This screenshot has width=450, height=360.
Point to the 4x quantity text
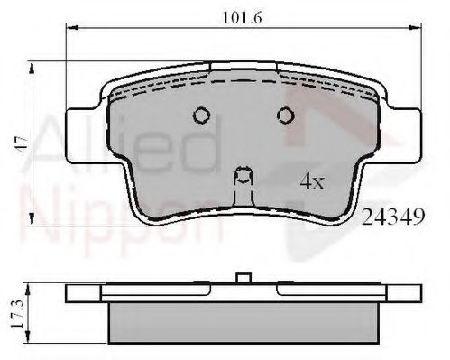(x=311, y=181)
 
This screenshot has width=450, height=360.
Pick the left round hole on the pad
(x=201, y=115)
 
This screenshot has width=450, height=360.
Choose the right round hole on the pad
(x=286, y=115)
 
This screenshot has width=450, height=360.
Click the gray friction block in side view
(x=243, y=322)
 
